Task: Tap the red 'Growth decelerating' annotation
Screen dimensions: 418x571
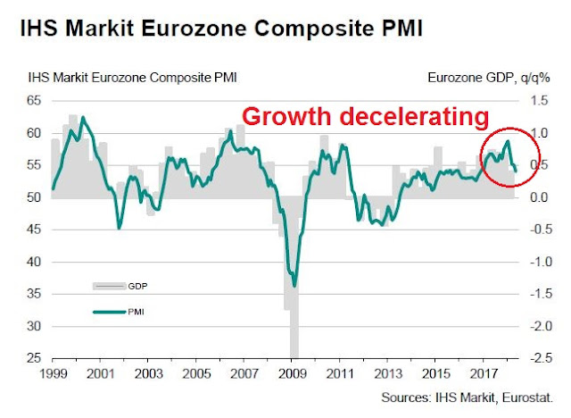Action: (366, 117)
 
